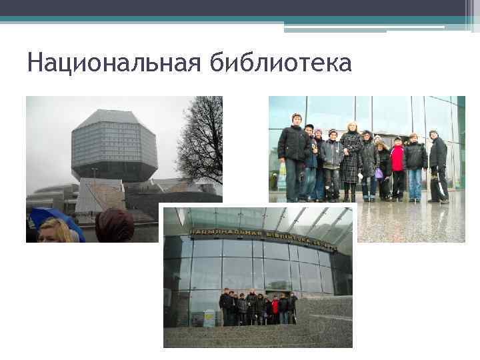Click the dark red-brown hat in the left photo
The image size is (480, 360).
coord(115,226)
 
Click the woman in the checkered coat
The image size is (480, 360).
coord(351,160)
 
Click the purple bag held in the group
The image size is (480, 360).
coord(379,173)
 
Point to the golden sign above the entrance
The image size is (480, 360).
coord(263,238)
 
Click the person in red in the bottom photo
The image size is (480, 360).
coord(275,309)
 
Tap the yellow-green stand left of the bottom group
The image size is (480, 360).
coord(208,317)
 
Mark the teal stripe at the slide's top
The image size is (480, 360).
coord(240,20)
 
